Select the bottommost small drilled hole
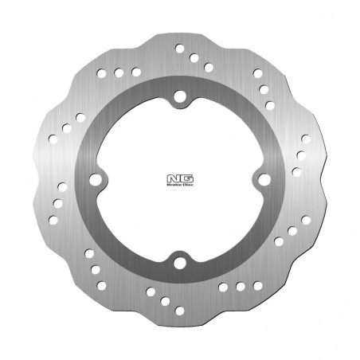179,310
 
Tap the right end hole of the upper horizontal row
136,72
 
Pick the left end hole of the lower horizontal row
222,286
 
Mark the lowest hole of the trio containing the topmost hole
208,68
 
